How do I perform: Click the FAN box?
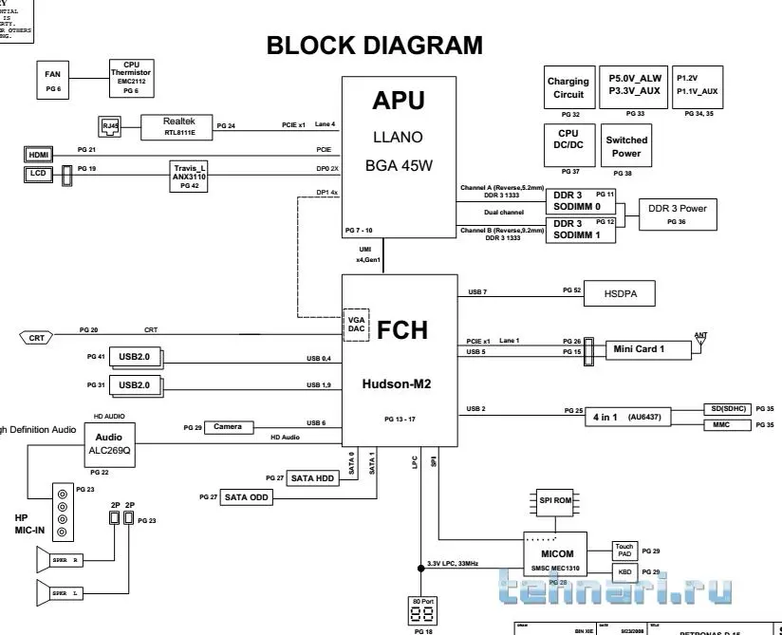coord(53,79)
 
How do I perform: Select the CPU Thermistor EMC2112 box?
coord(131,78)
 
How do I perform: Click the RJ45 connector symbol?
coord(109,126)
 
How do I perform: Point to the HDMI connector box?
coord(39,154)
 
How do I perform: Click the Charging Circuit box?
coord(568,88)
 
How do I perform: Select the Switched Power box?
coord(626,146)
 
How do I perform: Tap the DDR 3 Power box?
coord(677,215)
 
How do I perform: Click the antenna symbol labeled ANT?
coord(700,337)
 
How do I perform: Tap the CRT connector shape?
coord(37,336)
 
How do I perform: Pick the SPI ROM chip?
coord(556,499)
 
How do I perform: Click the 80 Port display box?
coord(423,610)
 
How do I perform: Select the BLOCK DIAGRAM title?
coord(374,45)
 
